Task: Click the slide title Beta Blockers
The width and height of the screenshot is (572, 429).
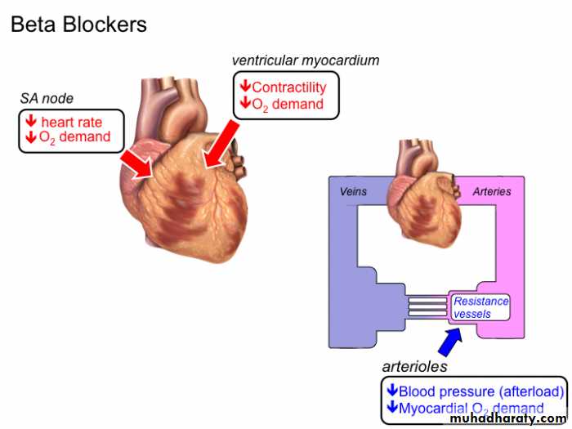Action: coord(78,25)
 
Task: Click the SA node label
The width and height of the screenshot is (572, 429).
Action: coord(47,99)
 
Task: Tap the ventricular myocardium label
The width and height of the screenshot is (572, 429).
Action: coord(306,60)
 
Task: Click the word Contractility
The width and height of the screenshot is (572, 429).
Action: coord(288,87)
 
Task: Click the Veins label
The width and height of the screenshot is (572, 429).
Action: coord(353,191)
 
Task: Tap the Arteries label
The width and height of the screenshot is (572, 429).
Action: coord(492,191)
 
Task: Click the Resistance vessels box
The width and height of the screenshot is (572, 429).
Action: coord(481,307)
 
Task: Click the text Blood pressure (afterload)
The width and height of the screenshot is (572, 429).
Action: coord(480,392)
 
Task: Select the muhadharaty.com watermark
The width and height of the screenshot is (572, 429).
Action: coord(507,418)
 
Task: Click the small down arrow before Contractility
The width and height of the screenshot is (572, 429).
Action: coord(244,87)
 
